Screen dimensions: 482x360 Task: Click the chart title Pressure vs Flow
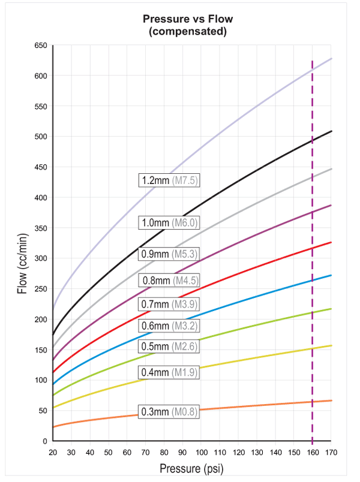(x=187, y=19)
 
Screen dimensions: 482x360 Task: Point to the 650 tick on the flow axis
(x=41, y=46)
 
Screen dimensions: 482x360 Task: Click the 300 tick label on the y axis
(x=41, y=258)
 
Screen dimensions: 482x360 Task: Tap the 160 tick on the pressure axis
(x=312, y=451)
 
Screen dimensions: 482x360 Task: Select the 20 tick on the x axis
(x=53, y=451)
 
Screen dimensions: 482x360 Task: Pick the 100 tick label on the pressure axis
(x=201, y=451)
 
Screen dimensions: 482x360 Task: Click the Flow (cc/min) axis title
(x=22, y=259)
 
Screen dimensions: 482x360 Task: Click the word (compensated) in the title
(x=187, y=31)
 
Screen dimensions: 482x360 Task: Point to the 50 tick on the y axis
(x=43, y=411)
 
